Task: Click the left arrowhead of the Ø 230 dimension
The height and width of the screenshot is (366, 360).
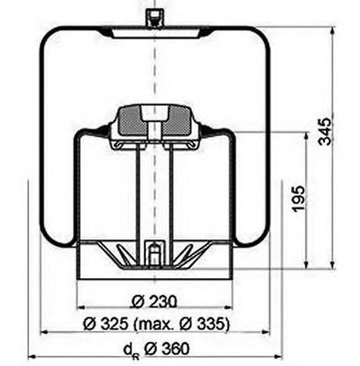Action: [x=82, y=309]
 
